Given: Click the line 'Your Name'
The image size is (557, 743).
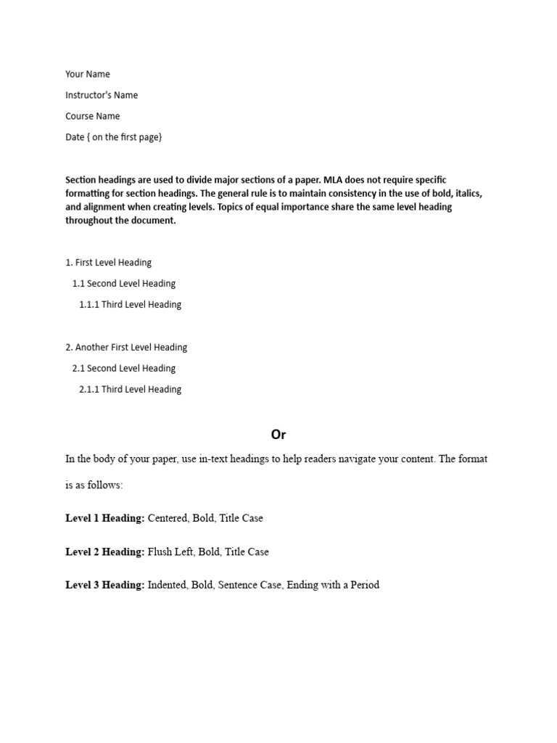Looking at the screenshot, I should point(88,74).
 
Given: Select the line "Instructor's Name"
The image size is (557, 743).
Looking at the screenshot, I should point(102,95).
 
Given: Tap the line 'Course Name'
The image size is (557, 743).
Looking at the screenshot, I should point(93,116).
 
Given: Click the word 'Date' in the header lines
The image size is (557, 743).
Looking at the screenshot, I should point(75,137).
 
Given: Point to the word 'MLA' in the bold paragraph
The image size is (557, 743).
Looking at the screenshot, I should point(335,179).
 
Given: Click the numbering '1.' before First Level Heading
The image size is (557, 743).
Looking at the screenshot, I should point(69,263).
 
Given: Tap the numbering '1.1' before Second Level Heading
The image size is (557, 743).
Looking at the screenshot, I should point(78,284).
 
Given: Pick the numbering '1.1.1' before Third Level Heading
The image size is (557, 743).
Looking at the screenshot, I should point(89,305).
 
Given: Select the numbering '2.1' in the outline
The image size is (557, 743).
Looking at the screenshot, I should point(78,369).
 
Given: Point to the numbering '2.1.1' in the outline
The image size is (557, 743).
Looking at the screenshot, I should point(89,390).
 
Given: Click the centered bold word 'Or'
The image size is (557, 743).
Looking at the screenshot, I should point(278,435).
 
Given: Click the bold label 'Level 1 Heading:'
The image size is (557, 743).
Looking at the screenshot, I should point(105,519).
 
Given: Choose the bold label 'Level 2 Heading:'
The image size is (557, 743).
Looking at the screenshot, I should point(105,552).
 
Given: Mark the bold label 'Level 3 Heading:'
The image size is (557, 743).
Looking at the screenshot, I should point(105,585).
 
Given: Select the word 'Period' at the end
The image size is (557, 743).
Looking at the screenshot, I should point(363,585).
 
